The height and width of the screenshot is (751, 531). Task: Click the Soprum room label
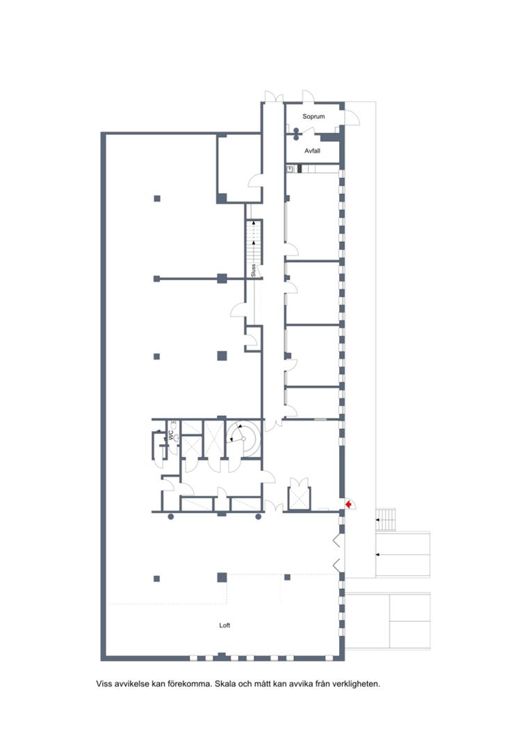313,116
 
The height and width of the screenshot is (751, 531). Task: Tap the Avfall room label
312,151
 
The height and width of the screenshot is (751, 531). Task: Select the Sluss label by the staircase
253,270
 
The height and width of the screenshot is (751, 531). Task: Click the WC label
170,435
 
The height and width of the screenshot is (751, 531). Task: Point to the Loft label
224,625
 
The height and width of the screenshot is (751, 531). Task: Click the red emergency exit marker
349,504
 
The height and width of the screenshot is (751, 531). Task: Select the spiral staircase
244,438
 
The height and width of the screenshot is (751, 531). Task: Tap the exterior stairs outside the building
386,519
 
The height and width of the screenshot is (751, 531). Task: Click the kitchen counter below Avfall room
313,168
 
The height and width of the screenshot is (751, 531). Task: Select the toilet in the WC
176,437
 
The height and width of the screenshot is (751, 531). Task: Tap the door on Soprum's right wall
352,118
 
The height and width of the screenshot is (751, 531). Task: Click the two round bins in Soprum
296,134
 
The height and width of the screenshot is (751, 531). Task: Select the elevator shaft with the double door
300,494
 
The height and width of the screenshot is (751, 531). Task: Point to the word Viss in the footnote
104,684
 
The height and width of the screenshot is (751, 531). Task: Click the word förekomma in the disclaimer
190,684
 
